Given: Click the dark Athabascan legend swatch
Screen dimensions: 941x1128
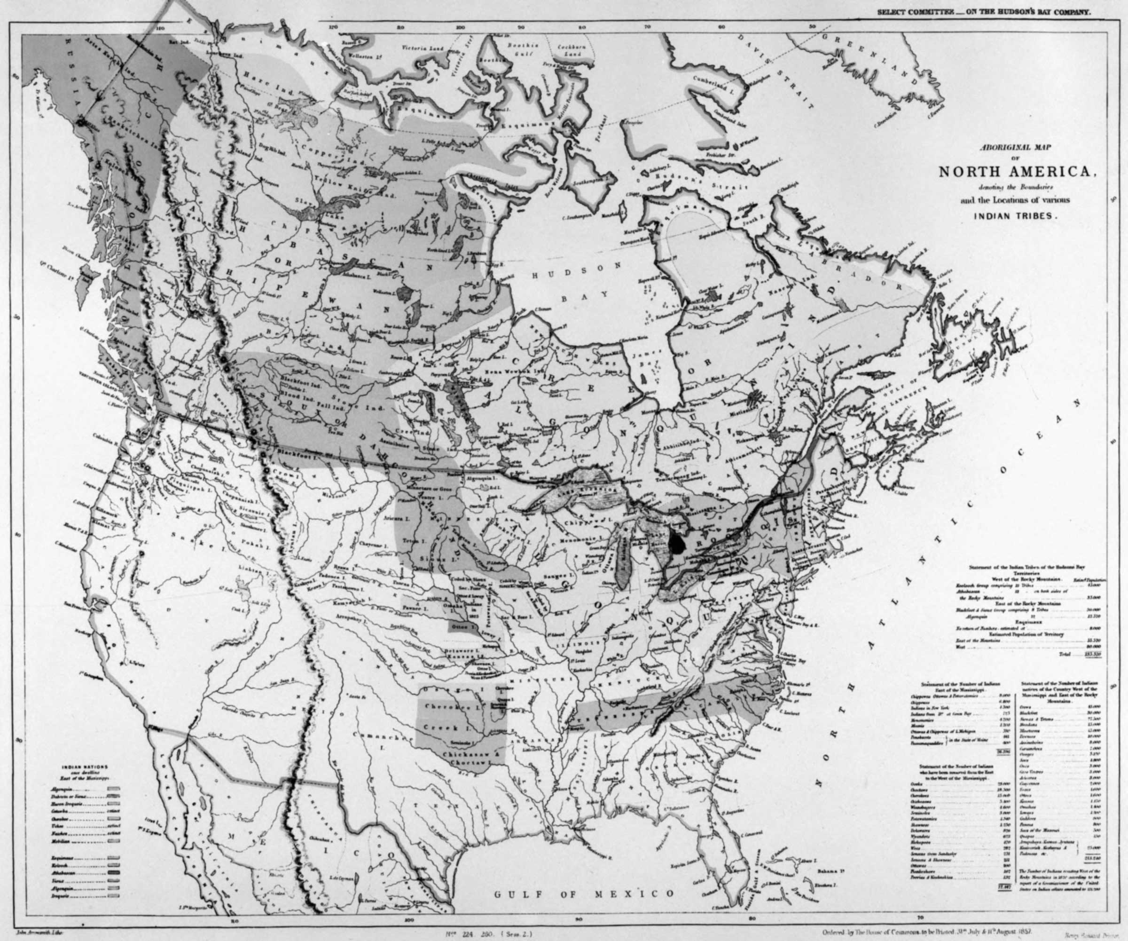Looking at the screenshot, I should (x=113, y=874).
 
